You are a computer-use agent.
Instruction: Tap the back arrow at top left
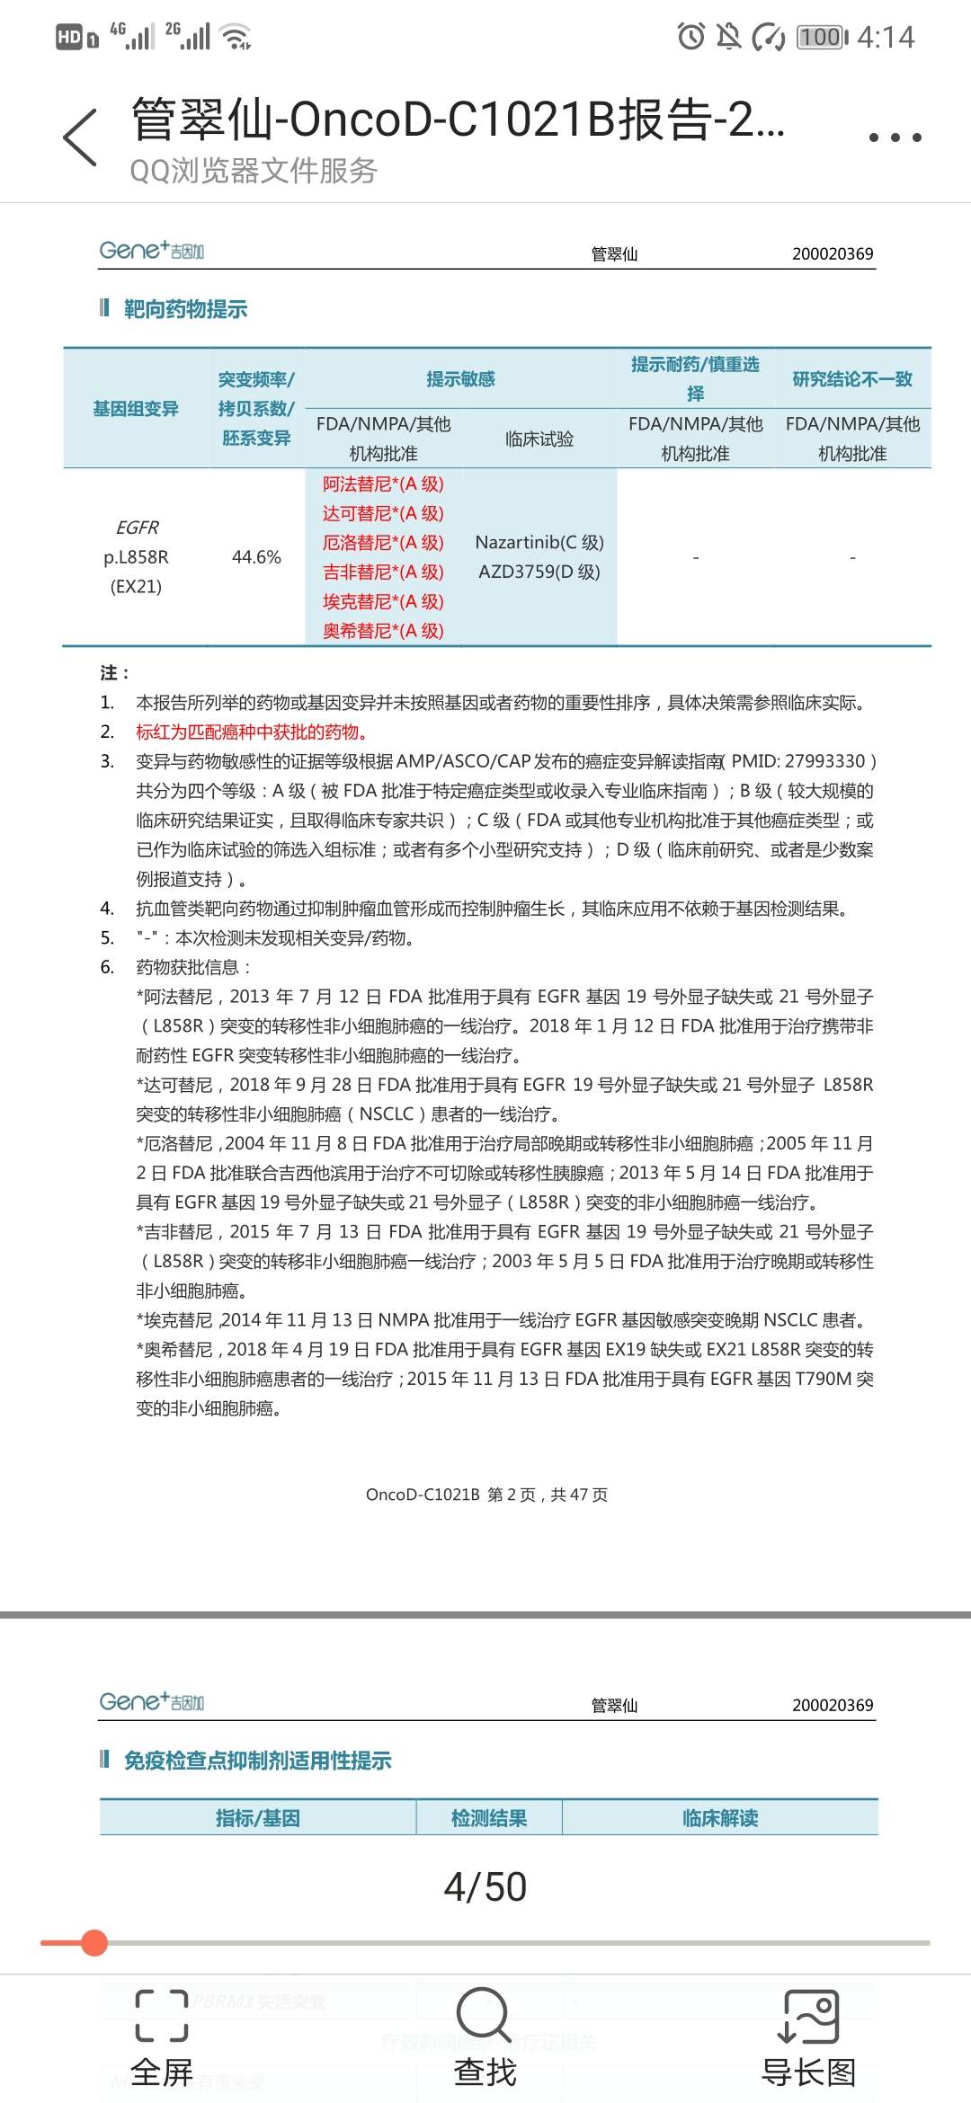(80, 138)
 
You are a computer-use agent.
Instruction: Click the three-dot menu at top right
(895, 138)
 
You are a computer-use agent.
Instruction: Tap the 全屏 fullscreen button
(162, 2038)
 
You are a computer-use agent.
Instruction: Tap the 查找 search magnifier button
(485, 2038)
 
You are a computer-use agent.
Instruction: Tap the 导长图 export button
(808, 2038)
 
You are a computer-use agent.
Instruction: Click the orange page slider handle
(94, 1943)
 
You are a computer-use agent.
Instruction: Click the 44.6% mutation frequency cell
(256, 557)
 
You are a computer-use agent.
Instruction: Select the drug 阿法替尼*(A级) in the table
(383, 484)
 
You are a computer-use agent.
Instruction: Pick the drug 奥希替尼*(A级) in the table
(383, 631)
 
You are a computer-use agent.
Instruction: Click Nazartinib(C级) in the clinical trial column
(539, 543)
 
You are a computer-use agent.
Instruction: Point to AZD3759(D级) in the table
(539, 572)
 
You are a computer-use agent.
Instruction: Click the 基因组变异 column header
(136, 409)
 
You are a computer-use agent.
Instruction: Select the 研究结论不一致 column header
(852, 379)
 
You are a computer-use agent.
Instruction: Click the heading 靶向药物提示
(185, 310)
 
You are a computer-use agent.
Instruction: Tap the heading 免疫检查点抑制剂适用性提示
(257, 1761)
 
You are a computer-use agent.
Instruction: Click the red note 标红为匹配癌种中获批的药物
(252, 732)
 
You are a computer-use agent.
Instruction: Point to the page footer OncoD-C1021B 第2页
(486, 1495)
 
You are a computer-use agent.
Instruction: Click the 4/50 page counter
(485, 1886)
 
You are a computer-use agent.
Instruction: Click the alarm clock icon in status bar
(690, 37)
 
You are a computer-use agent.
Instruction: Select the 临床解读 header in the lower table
(720, 1818)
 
